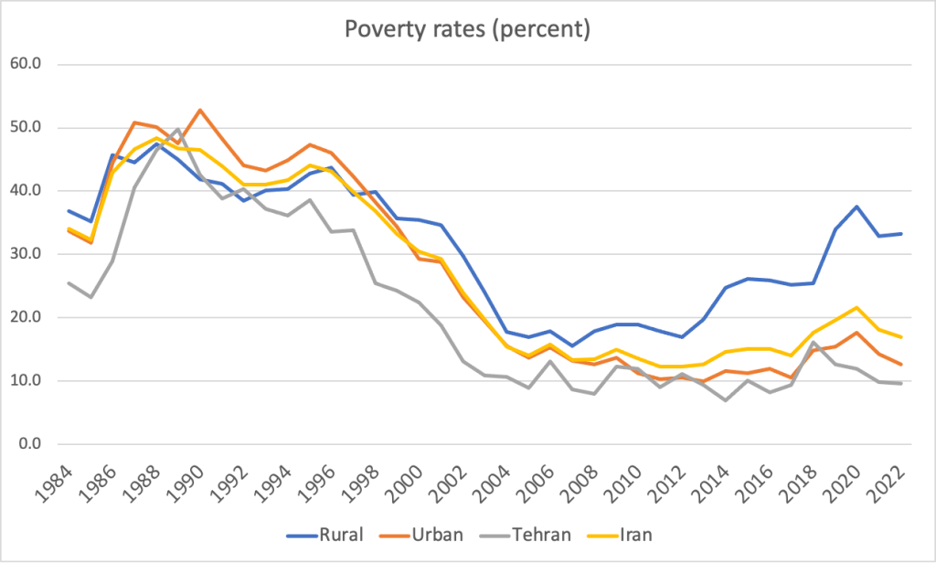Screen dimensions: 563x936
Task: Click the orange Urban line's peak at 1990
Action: (200, 111)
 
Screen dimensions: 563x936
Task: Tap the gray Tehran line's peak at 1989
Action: (178, 129)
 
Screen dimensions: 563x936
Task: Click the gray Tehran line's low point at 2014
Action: (726, 400)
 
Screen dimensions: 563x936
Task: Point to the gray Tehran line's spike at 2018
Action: (814, 342)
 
